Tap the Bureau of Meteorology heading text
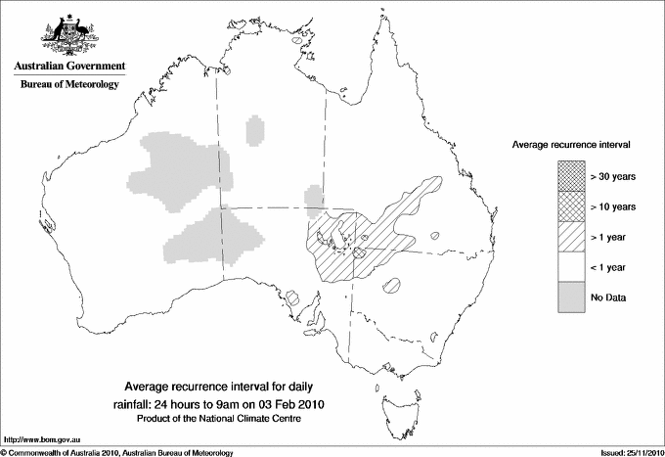click(69, 85)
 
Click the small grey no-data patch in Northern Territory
click(255, 129)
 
